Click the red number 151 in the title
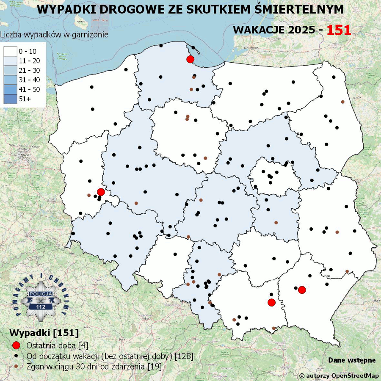(x=339, y=30)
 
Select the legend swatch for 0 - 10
(x=11, y=51)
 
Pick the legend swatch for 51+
(x=11, y=99)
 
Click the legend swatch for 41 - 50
(x=11, y=89)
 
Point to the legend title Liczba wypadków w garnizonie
(x=54, y=35)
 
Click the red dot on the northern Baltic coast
(x=190, y=59)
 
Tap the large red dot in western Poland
(x=101, y=192)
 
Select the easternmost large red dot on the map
(x=302, y=290)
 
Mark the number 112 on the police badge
(x=41, y=306)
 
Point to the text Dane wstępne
(x=352, y=360)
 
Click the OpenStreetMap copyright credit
(x=339, y=375)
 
